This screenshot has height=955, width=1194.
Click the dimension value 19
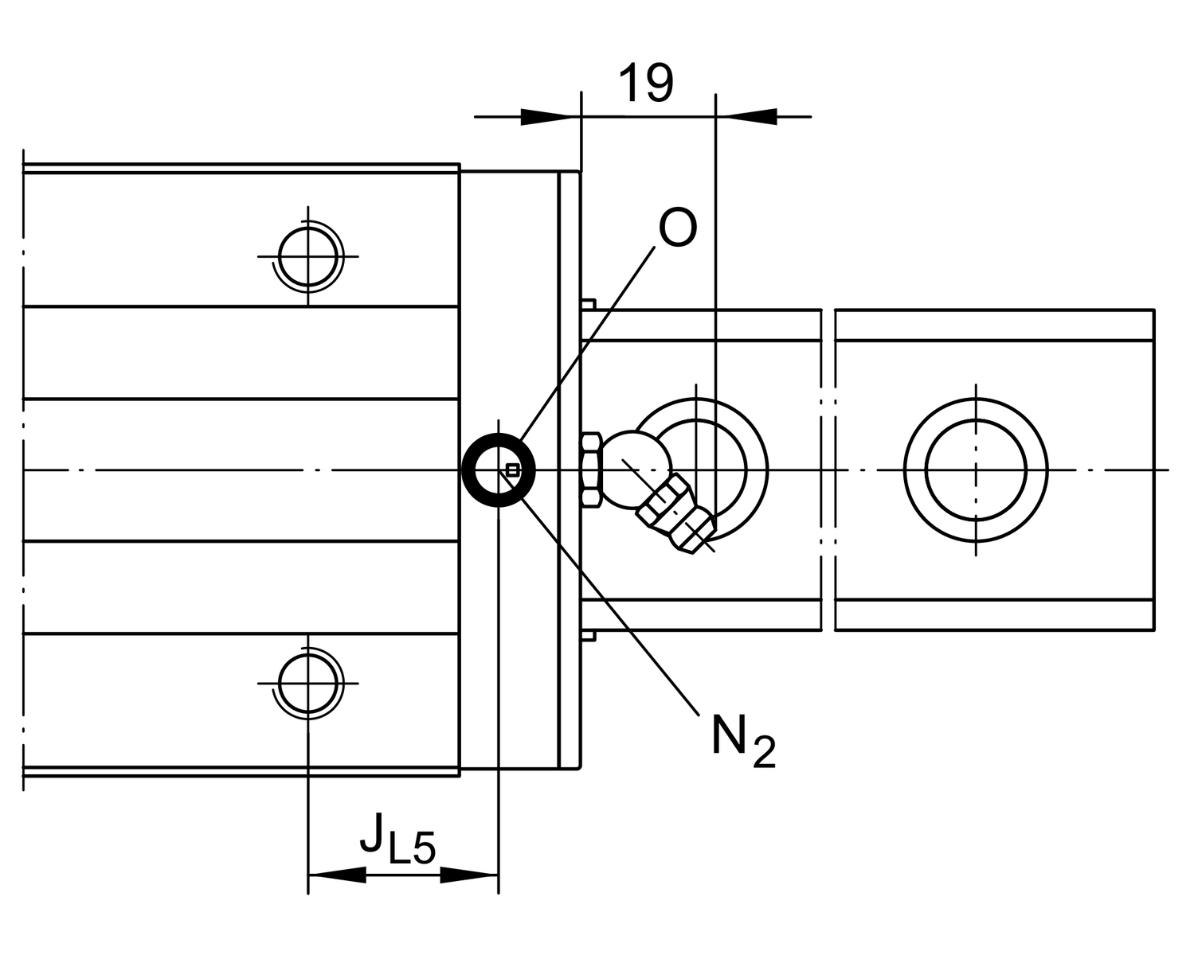645,83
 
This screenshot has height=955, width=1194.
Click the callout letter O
678,228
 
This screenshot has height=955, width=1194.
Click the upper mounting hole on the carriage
308,256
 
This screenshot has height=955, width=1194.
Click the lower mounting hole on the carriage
308,683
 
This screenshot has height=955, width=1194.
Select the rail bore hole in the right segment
976,470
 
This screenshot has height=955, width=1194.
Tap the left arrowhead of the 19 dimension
550,117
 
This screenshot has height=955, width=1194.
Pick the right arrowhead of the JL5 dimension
470,875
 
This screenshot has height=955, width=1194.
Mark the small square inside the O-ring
512,470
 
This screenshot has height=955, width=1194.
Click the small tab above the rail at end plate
589,303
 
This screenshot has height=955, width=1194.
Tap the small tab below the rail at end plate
589,635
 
